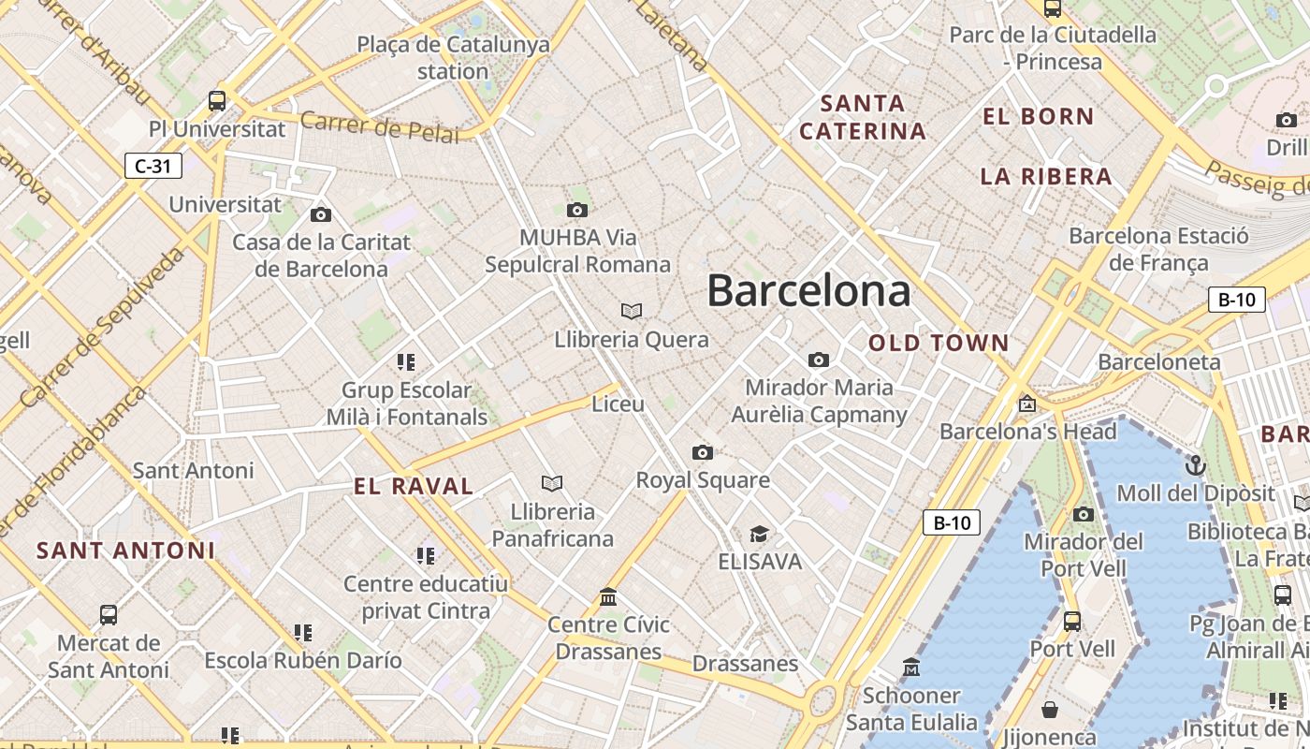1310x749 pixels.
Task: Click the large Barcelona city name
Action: pyautogui.click(x=808, y=290)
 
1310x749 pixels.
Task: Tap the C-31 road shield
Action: pyautogui.click(x=153, y=167)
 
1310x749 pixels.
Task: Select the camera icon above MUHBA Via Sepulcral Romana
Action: pyautogui.click(x=577, y=210)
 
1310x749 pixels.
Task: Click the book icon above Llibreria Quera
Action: pyautogui.click(x=632, y=311)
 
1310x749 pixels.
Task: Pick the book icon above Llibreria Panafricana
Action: pyautogui.click(x=552, y=483)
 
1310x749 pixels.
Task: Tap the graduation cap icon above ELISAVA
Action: pyautogui.click(x=759, y=534)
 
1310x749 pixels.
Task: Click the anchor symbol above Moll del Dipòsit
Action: pyautogui.click(x=1195, y=464)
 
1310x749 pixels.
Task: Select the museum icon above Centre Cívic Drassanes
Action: pyautogui.click(x=608, y=596)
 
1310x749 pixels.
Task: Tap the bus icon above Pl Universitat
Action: pyautogui.click(x=217, y=100)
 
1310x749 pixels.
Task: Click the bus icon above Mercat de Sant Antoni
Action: pyautogui.click(x=109, y=615)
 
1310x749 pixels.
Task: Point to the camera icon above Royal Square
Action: pyautogui.click(x=703, y=453)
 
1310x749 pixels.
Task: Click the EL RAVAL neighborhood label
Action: pyautogui.click(x=414, y=486)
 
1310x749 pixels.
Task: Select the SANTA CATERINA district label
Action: pyautogui.click(x=863, y=117)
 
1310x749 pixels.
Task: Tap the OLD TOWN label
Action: pyautogui.click(x=939, y=343)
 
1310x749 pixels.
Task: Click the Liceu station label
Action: pyautogui.click(x=619, y=404)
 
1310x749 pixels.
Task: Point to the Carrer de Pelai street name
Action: pyautogui.click(x=380, y=126)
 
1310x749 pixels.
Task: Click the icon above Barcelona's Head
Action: pyautogui.click(x=1027, y=404)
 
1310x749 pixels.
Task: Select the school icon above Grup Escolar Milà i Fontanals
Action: pyautogui.click(x=406, y=361)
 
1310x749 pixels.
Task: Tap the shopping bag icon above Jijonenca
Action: pyautogui.click(x=1050, y=710)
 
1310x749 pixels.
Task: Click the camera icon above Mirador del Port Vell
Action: pyautogui.click(x=1084, y=514)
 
